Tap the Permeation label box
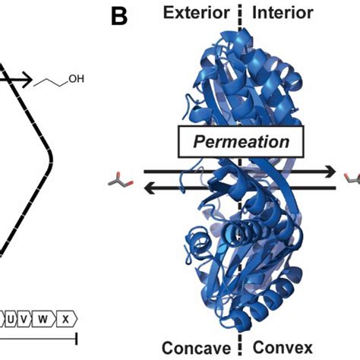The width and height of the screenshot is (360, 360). tap(241, 141)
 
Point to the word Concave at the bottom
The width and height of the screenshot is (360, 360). tap(200, 348)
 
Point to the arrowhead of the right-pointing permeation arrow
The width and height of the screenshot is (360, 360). tap(332, 172)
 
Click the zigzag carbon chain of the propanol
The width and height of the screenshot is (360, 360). tap(51, 81)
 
